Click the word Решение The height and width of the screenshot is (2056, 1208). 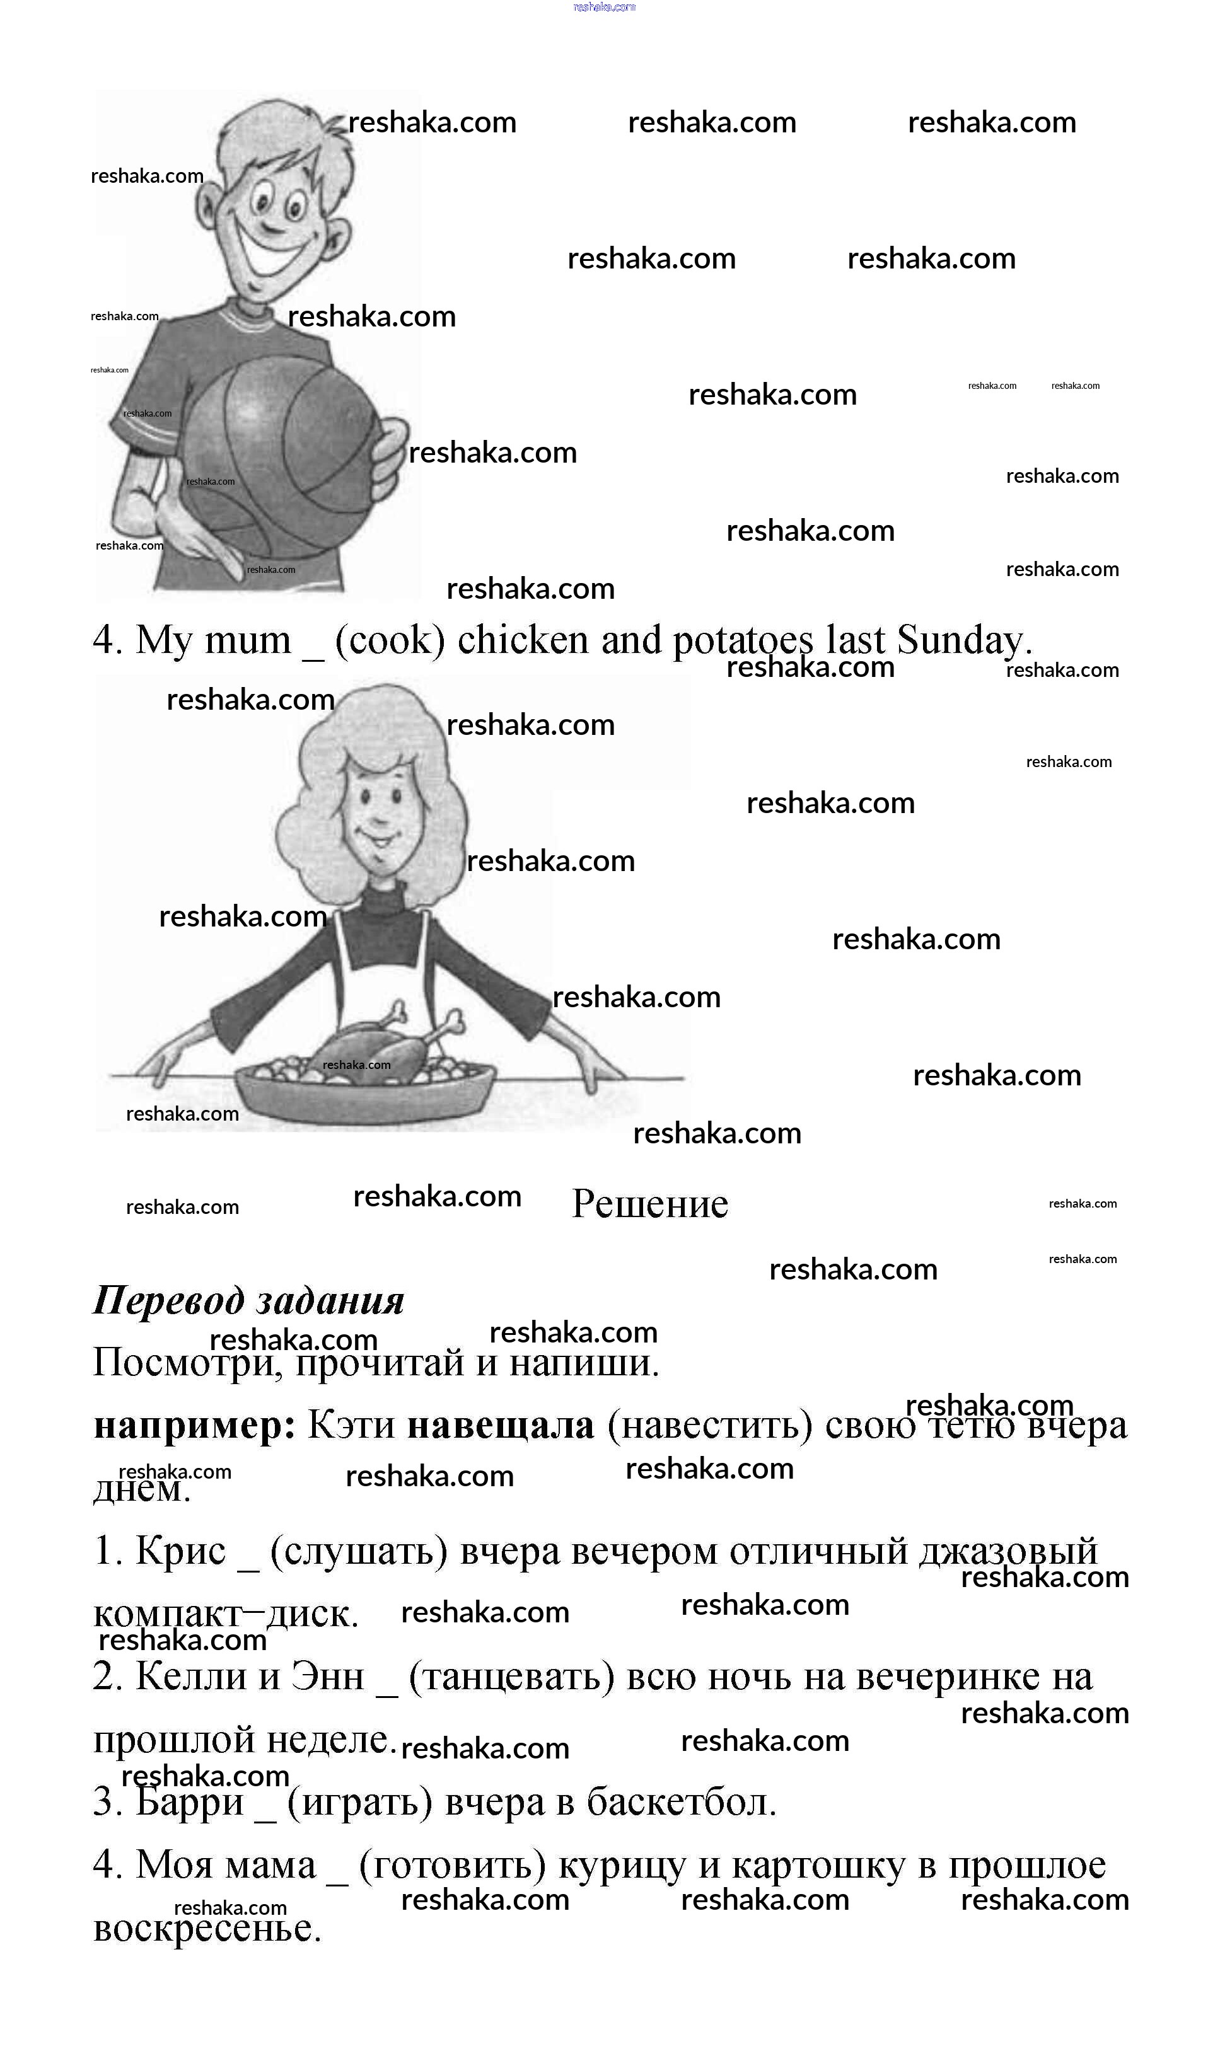click(649, 1204)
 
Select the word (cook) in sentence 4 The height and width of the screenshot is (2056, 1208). click(390, 640)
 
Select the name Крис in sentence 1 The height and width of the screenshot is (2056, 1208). click(180, 1550)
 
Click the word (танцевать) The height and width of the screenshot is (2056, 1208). click(511, 1677)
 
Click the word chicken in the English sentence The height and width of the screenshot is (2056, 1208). click(523, 640)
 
